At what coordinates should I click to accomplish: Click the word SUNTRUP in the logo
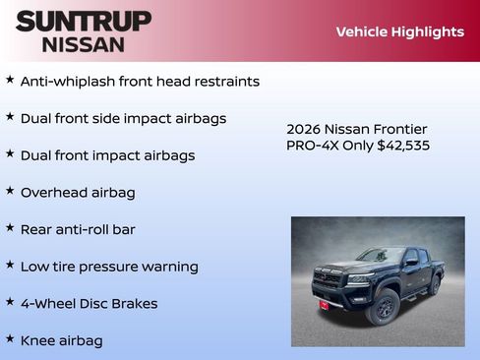[x=84, y=21]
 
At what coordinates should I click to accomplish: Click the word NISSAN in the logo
[x=84, y=44]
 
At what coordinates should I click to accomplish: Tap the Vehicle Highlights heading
[x=399, y=31]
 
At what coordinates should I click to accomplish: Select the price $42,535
[x=403, y=146]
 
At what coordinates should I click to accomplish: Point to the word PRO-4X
[x=310, y=146]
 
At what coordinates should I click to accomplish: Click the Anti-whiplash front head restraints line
[x=140, y=82]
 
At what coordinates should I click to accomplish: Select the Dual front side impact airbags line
[x=123, y=119]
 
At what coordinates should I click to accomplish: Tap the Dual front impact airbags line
[x=107, y=155]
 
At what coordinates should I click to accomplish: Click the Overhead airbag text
[x=78, y=193]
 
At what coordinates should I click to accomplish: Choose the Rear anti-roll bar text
[x=78, y=229]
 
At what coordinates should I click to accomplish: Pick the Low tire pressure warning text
[x=109, y=267]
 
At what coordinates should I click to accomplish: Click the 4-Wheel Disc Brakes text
[x=89, y=304]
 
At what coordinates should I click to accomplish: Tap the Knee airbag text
[x=61, y=340]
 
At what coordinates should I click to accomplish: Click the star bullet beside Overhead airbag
[x=10, y=191]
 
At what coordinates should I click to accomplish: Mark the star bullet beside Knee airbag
[x=10, y=338]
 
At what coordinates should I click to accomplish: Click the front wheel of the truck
[x=383, y=307]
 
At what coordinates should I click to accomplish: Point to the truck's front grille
[x=330, y=279]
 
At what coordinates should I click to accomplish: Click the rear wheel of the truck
[x=434, y=285]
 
